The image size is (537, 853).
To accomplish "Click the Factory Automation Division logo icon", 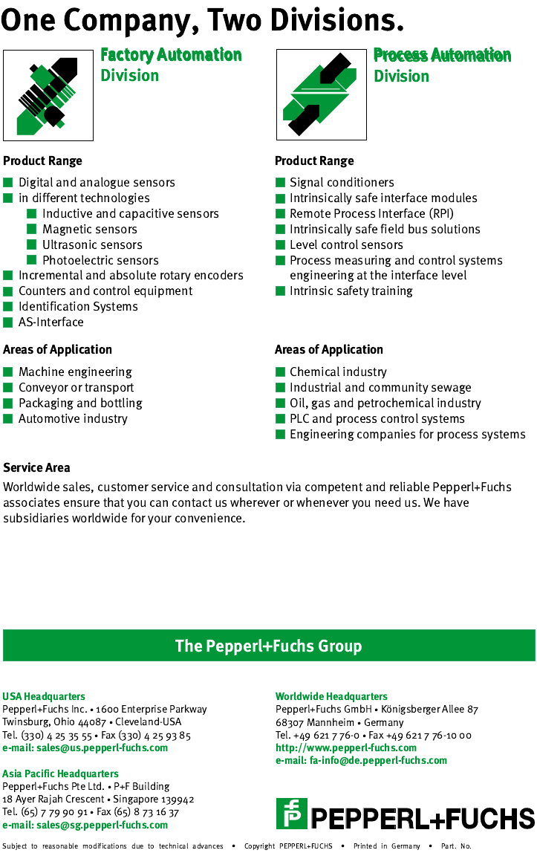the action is [48, 94].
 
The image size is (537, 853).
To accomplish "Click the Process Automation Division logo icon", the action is [321, 94].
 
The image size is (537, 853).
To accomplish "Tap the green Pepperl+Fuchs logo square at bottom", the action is [291, 813].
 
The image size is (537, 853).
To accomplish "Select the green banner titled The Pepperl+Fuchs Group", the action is [269, 646].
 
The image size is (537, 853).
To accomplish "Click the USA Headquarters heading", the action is [44, 696].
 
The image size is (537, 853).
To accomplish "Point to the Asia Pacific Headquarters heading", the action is [60, 773].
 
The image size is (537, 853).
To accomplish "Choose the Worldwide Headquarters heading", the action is [331, 696].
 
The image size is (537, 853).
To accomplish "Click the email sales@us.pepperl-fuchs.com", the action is [85, 747].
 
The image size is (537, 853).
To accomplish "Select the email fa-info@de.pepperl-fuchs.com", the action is [361, 760].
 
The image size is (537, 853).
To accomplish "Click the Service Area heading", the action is [37, 467].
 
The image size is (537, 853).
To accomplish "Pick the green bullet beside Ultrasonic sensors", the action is [32, 244].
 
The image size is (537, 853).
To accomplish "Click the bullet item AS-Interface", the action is [51, 322].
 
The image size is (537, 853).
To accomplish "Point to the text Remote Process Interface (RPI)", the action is [371, 213].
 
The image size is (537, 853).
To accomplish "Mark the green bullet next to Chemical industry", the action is [280, 372].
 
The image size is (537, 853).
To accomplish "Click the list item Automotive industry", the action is [73, 418].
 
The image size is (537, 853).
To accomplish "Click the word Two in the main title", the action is [235, 19].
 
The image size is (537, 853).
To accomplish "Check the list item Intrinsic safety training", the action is [351, 291].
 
